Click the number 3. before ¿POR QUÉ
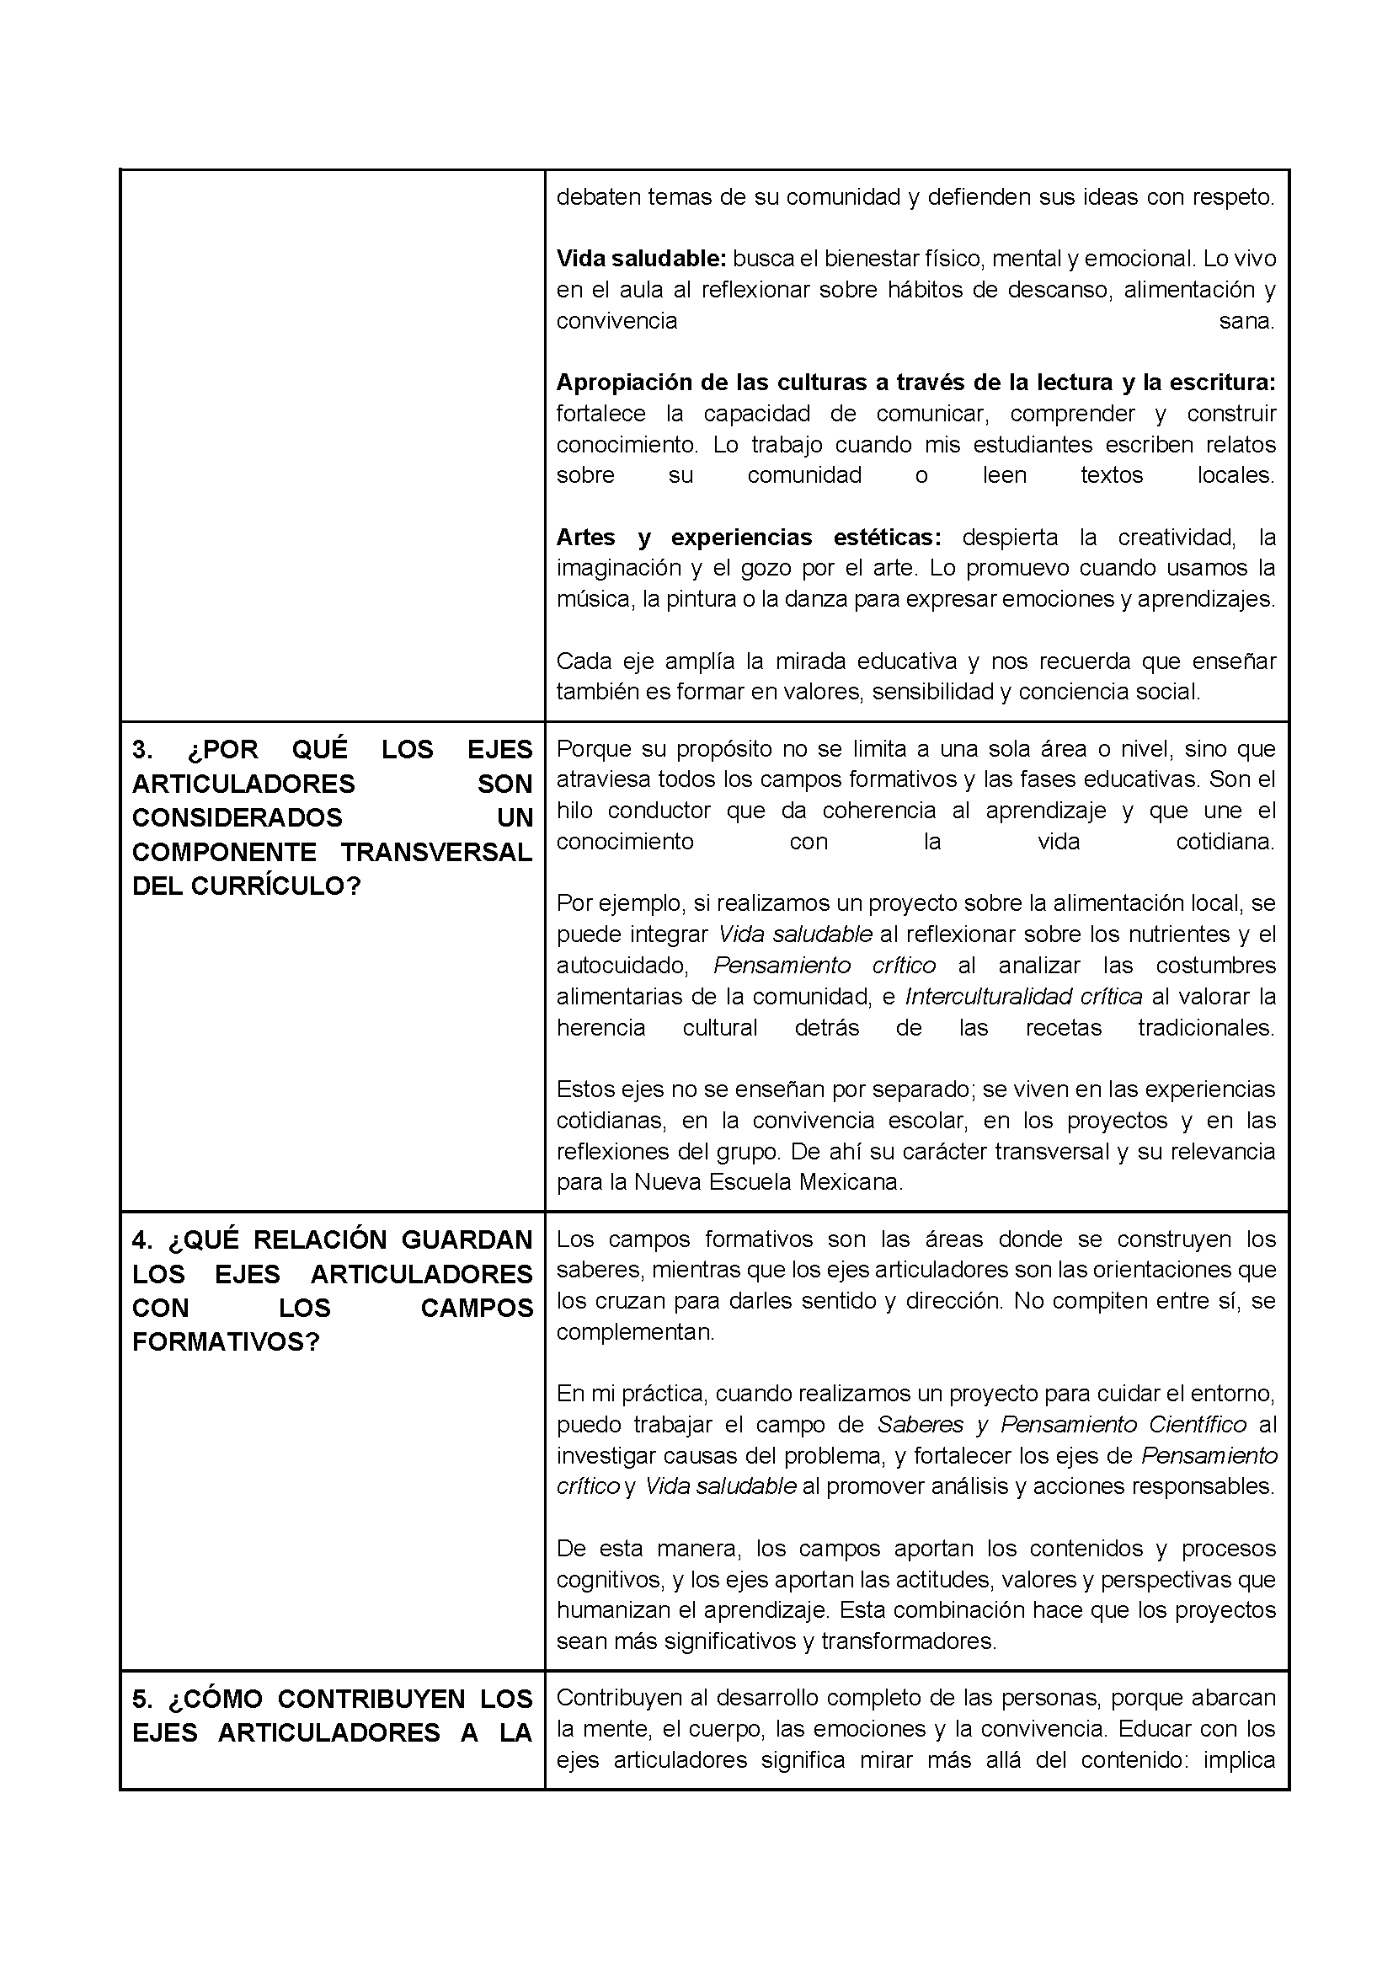142,750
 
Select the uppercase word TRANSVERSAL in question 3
436,852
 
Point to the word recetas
1063,1028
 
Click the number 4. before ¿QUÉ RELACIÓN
143,1240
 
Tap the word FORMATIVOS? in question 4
226,1343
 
